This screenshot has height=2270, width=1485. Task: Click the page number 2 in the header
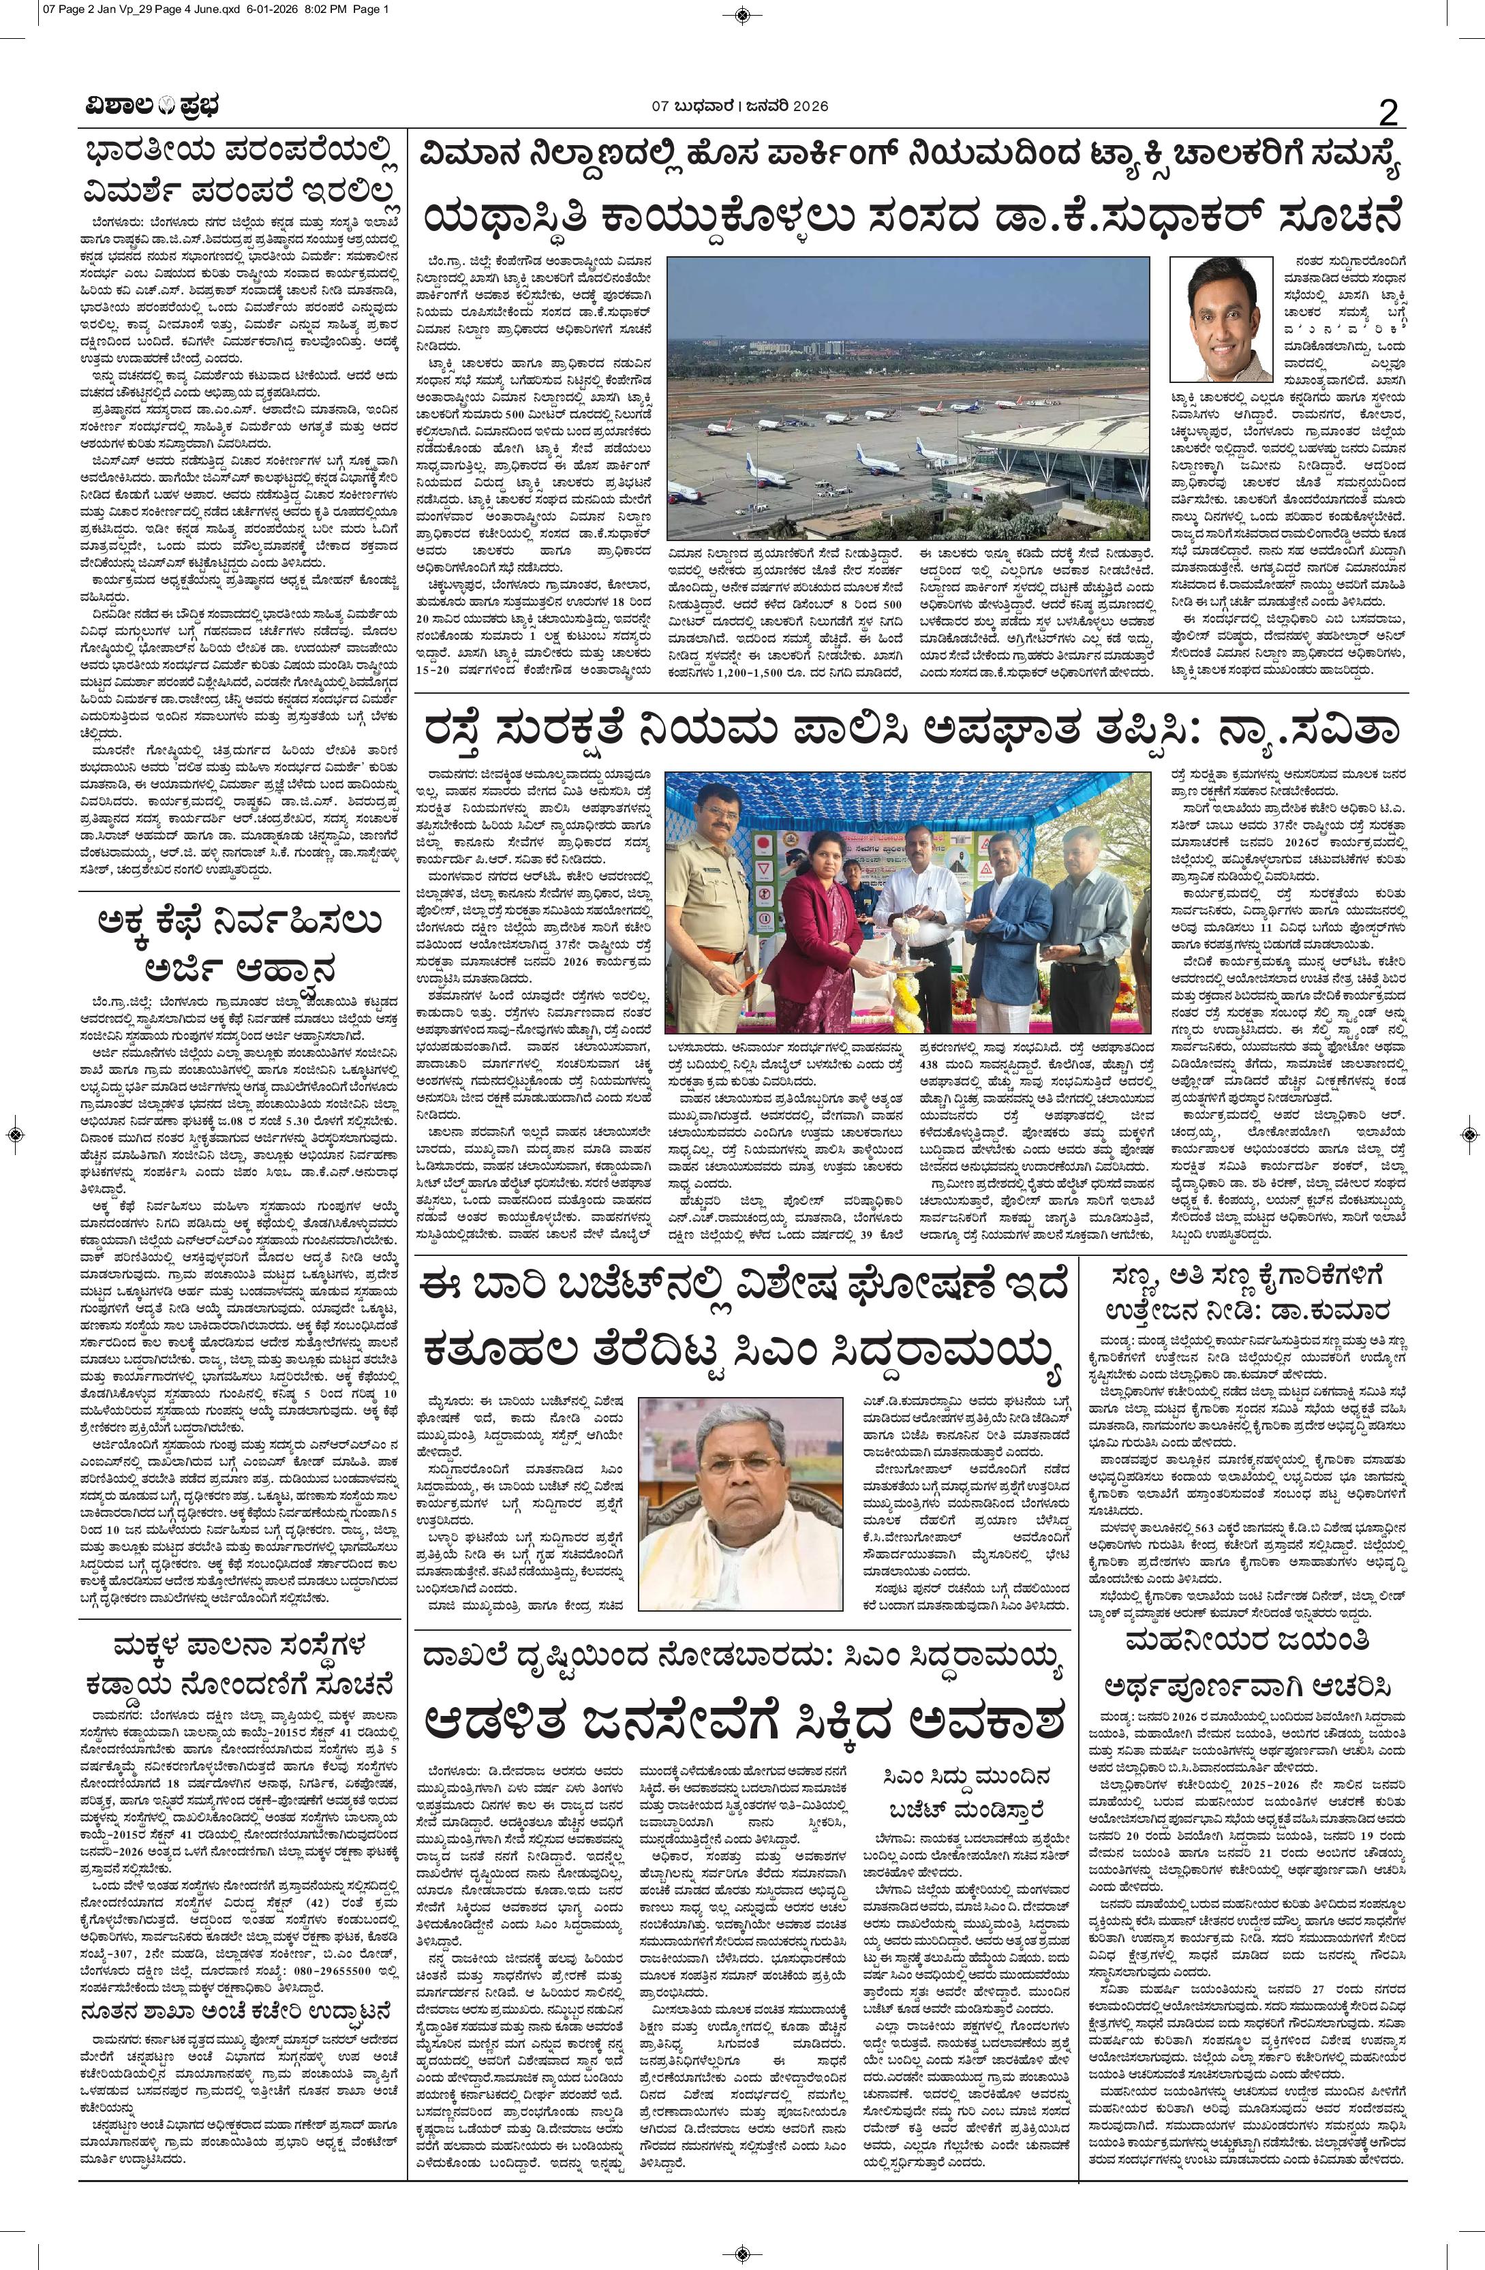[x=1388, y=114]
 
